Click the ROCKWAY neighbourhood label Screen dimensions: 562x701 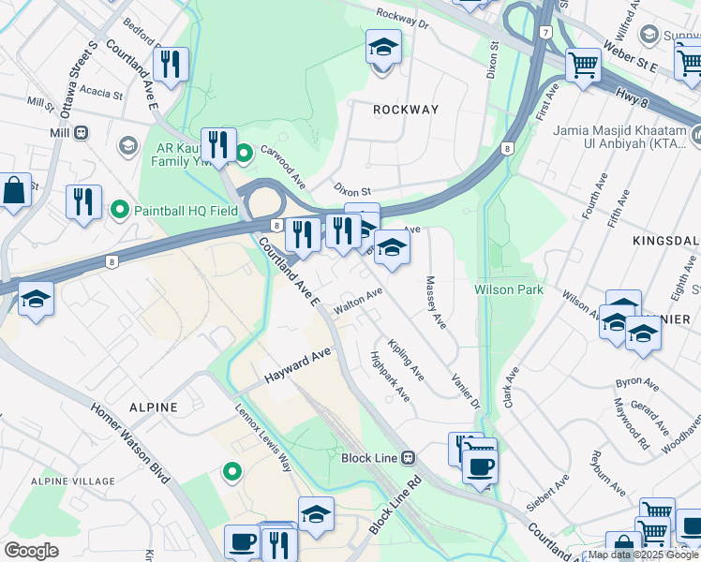click(406, 110)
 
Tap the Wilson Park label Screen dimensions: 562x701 click(509, 289)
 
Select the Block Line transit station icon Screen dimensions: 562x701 click(408, 457)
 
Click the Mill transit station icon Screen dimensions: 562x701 click(82, 133)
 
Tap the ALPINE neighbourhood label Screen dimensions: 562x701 click(153, 407)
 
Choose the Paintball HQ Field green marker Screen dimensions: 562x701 click(119, 210)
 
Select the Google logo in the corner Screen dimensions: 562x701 click(31, 550)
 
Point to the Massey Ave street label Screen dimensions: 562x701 click(435, 303)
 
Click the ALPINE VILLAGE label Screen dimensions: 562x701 click(59, 481)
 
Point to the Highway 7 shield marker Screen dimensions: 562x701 click(544, 33)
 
